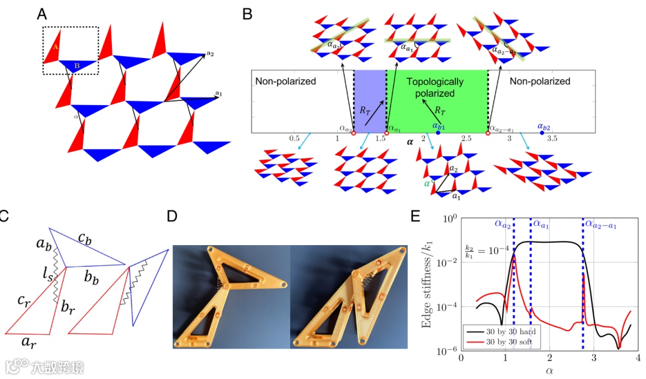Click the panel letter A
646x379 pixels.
coord(43,13)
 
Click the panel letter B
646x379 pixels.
coord(247,13)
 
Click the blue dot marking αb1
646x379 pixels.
coord(438,133)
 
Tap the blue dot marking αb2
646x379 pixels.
coord(542,133)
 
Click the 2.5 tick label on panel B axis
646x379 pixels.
coord(466,139)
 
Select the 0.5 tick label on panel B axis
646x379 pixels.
coord(294,139)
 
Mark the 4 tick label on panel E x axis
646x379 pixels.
coord(638,360)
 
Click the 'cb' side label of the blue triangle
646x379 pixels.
coord(84,239)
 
